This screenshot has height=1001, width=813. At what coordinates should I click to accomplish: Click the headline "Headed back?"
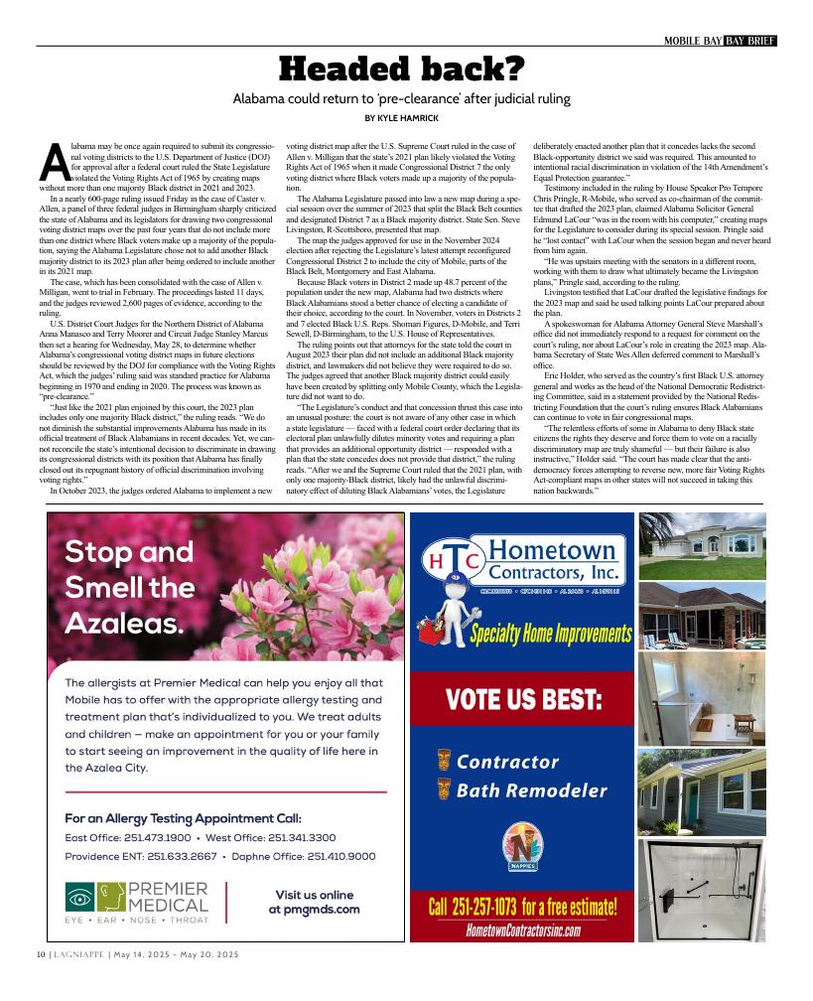click(x=401, y=69)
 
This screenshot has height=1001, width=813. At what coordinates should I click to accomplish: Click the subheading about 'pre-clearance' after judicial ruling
click(x=401, y=98)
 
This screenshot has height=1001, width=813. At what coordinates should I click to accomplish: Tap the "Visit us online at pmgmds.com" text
click(x=314, y=902)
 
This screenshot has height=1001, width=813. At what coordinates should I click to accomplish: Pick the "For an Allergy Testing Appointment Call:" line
click(x=183, y=818)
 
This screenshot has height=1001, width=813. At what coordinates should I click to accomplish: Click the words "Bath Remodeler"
click(x=531, y=791)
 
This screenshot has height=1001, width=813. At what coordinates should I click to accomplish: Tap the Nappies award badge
click(x=522, y=847)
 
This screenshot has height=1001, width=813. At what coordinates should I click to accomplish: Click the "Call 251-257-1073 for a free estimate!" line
click(x=522, y=907)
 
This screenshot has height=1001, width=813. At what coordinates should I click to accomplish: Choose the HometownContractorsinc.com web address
click(x=522, y=929)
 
